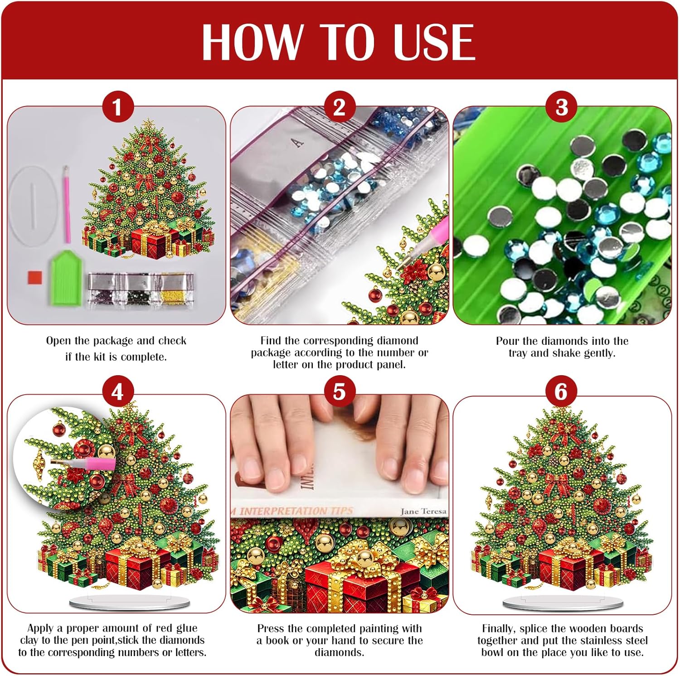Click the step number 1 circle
(117, 108)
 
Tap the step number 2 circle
(339, 107)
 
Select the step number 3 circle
(562, 107)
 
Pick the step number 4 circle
(117, 391)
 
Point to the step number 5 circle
(339, 391)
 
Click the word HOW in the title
(252, 42)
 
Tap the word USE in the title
(434, 42)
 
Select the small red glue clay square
(35, 277)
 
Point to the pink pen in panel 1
(67, 204)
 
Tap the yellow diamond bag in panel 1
(175, 290)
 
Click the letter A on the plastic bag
(298, 143)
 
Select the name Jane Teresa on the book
(423, 511)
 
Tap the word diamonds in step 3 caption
(562, 341)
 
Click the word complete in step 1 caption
(143, 357)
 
